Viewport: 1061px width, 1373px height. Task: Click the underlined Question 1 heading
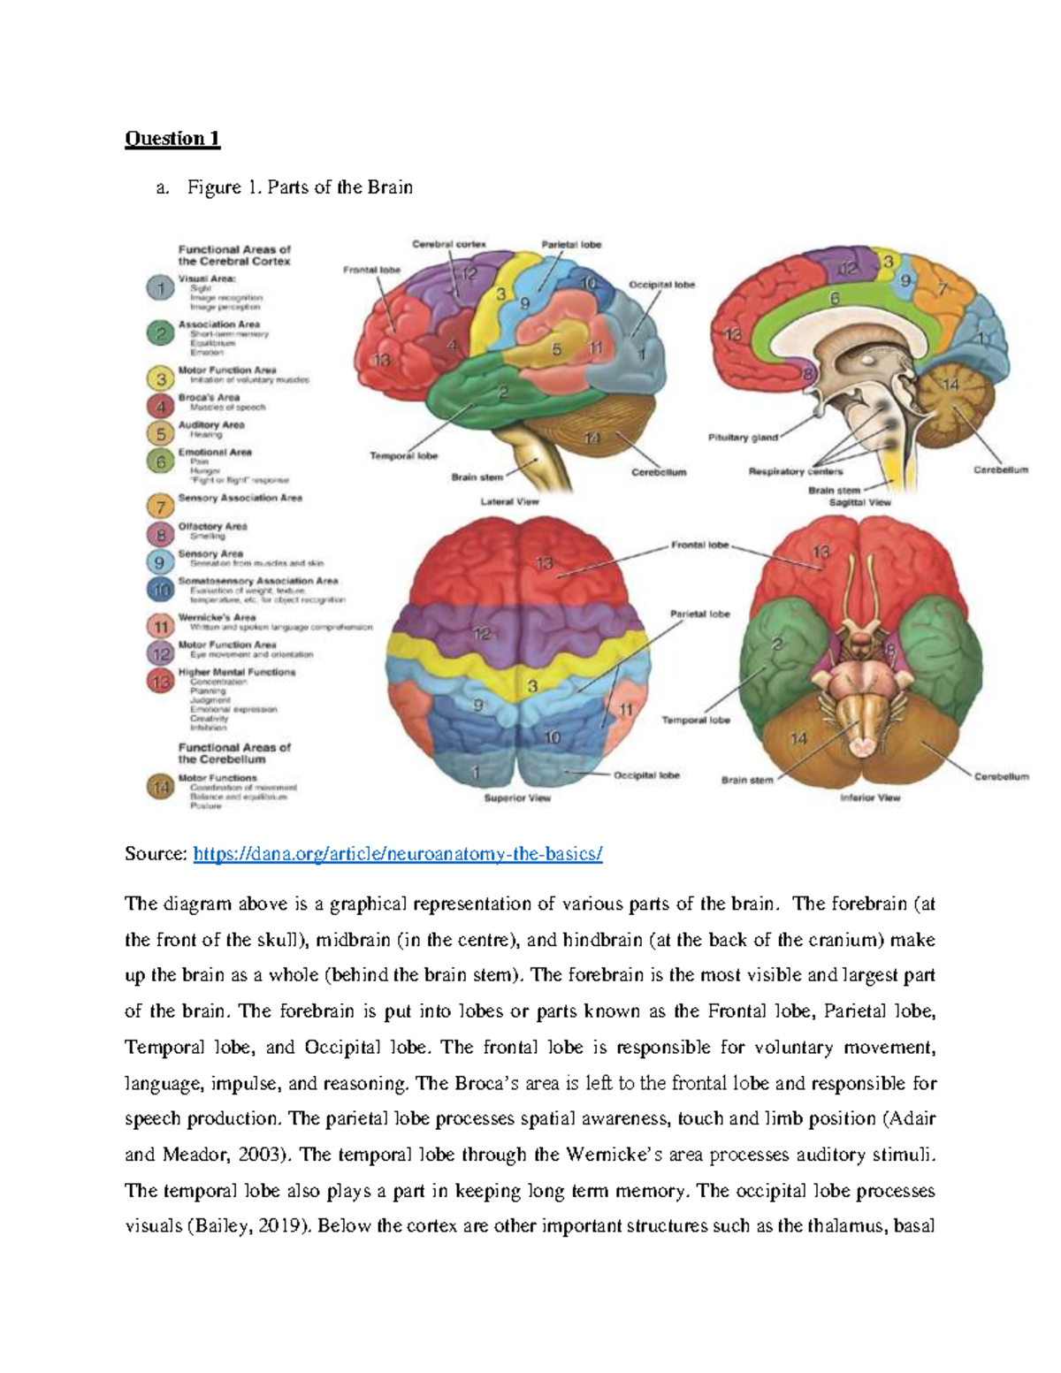[172, 139]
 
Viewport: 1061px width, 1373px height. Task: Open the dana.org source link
[397, 854]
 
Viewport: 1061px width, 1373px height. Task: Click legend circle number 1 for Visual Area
[160, 289]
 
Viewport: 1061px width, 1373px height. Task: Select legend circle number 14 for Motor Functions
[160, 788]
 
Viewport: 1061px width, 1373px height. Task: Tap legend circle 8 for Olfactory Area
[160, 534]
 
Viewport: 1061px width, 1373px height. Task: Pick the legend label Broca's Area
[209, 398]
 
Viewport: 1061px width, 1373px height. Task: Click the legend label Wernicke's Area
[217, 617]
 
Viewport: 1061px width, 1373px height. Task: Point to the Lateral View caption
[509, 501]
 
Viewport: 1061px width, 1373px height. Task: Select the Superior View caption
[517, 797]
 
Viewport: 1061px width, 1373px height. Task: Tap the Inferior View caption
[870, 797]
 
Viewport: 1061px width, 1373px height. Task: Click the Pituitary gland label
[743, 438]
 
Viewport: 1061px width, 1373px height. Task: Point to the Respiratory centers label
[795, 471]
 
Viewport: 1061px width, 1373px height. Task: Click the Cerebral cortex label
[448, 244]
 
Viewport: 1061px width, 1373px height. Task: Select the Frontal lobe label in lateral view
[371, 270]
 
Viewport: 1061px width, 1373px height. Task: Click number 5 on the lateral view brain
[556, 349]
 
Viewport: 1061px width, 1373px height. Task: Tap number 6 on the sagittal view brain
[834, 299]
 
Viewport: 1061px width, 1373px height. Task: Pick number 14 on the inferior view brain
[798, 738]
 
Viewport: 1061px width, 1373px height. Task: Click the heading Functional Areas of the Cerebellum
[234, 753]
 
